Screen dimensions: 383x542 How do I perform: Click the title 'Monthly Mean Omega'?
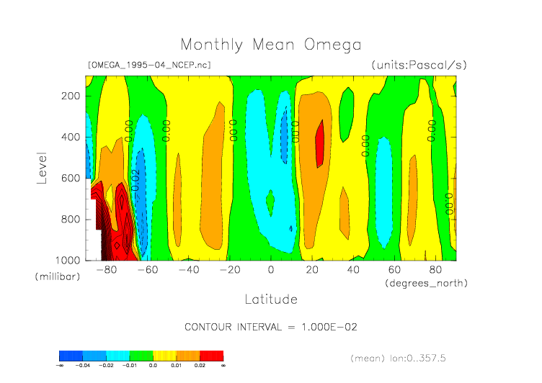pos(270,45)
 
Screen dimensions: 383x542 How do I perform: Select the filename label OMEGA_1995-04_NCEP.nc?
pos(149,65)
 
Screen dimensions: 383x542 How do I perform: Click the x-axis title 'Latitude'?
pos(271,299)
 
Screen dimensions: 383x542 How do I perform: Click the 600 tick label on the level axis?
pos(70,178)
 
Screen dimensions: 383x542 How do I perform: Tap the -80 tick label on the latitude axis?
pos(106,270)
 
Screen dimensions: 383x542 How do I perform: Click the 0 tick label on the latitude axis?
pos(271,270)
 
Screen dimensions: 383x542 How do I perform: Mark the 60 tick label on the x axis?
pos(394,270)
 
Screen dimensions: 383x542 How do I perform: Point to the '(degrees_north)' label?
pos(426,283)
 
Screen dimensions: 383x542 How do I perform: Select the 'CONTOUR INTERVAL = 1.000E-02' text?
pos(271,327)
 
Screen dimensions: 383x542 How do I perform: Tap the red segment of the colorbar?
pos(211,356)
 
